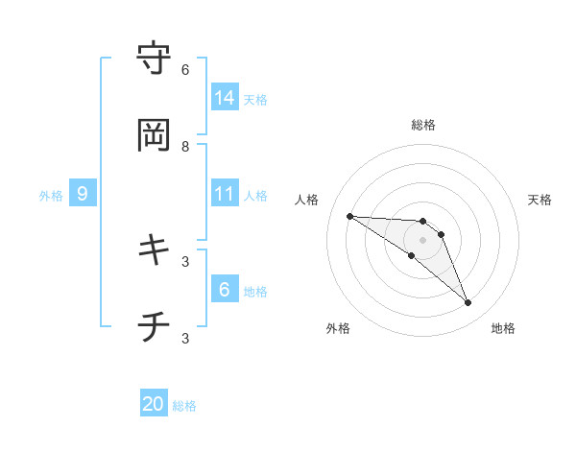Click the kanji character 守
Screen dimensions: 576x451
click(155, 59)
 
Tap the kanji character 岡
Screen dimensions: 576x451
click(155, 135)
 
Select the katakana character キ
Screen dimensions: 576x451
click(155, 250)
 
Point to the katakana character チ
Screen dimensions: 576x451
click(155, 327)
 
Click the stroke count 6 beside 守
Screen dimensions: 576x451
click(185, 70)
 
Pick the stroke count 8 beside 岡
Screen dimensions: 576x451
click(185, 147)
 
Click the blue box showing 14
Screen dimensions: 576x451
click(225, 98)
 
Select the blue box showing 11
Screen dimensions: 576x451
click(225, 194)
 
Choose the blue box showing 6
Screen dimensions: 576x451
click(225, 290)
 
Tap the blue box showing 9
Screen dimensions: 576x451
click(83, 194)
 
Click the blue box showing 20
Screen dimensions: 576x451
click(154, 404)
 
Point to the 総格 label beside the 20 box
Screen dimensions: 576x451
click(184, 406)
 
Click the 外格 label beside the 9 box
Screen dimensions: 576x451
click(51, 196)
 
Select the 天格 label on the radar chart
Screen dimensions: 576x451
click(540, 200)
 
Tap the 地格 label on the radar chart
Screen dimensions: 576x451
click(503, 328)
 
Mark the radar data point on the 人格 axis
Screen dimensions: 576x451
click(349, 216)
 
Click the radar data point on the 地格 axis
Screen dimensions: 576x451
click(468, 303)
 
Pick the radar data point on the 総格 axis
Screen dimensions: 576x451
click(422, 222)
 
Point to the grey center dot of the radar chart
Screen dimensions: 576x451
click(422, 240)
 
